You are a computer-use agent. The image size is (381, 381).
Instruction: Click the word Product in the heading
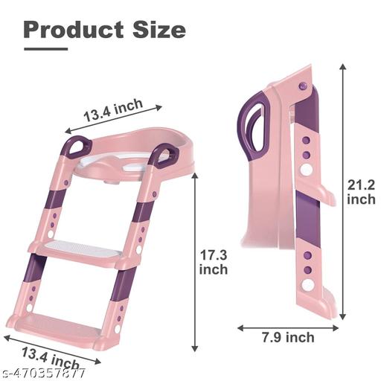point(74,30)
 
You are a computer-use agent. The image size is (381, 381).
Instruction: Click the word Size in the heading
point(159,30)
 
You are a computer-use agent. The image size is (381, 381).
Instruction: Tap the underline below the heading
point(46,49)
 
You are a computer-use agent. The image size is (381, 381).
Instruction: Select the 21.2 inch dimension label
point(361,192)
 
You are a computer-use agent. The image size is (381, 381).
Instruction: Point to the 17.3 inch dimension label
point(214,262)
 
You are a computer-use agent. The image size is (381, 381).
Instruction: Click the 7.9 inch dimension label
point(288,337)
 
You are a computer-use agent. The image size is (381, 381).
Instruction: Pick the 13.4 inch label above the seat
point(113,110)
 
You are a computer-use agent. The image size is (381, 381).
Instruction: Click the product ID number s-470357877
point(42,373)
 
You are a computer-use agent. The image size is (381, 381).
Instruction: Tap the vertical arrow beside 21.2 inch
point(342,191)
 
